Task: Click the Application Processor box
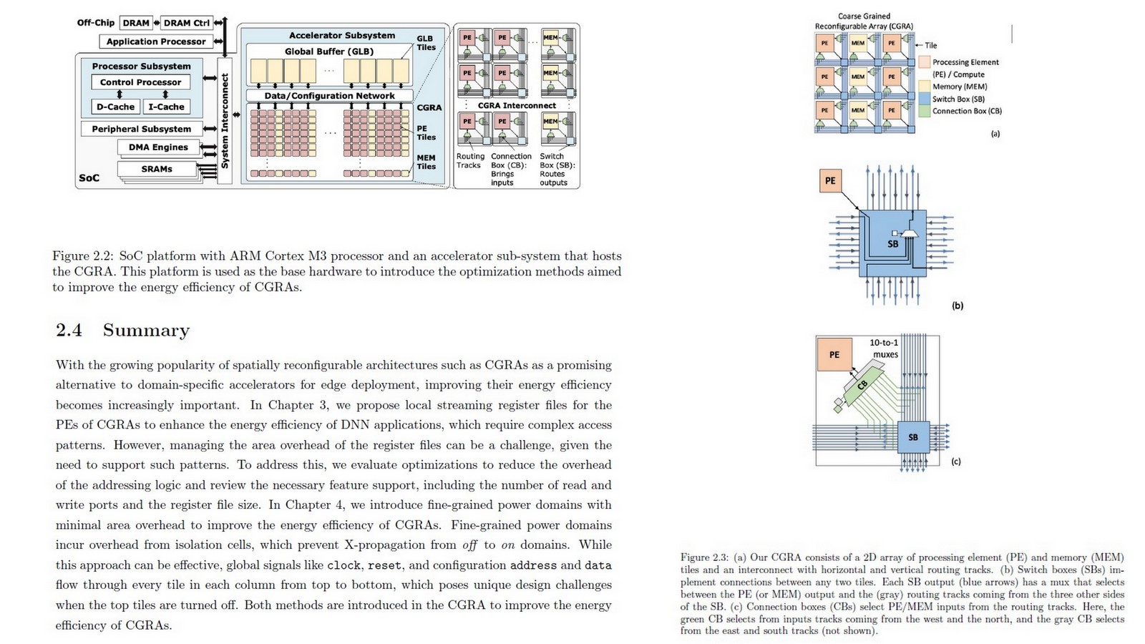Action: pyautogui.click(x=156, y=42)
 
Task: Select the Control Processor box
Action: pyautogui.click(x=141, y=82)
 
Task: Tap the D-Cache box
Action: pyautogui.click(x=116, y=107)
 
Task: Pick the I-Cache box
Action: pyautogui.click(x=166, y=107)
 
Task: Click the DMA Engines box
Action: pyautogui.click(x=158, y=147)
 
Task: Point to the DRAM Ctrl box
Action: pyautogui.click(x=187, y=23)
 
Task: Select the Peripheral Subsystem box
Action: pyautogui.click(x=142, y=129)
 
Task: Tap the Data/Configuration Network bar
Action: pyautogui.click(x=329, y=96)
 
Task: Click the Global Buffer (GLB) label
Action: pyautogui.click(x=329, y=52)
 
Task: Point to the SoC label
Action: pyautogui.click(x=89, y=177)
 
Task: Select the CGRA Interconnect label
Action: pyautogui.click(x=517, y=105)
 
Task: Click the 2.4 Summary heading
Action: pyautogui.click(x=123, y=330)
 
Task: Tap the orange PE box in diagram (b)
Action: pyautogui.click(x=830, y=181)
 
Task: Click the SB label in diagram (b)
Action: pyautogui.click(x=892, y=244)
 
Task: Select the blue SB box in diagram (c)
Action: pyautogui.click(x=913, y=437)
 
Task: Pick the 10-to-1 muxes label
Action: pyautogui.click(x=885, y=348)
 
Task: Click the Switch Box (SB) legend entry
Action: pyautogui.click(x=958, y=99)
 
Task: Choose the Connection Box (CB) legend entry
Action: pyautogui.click(x=966, y=111)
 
